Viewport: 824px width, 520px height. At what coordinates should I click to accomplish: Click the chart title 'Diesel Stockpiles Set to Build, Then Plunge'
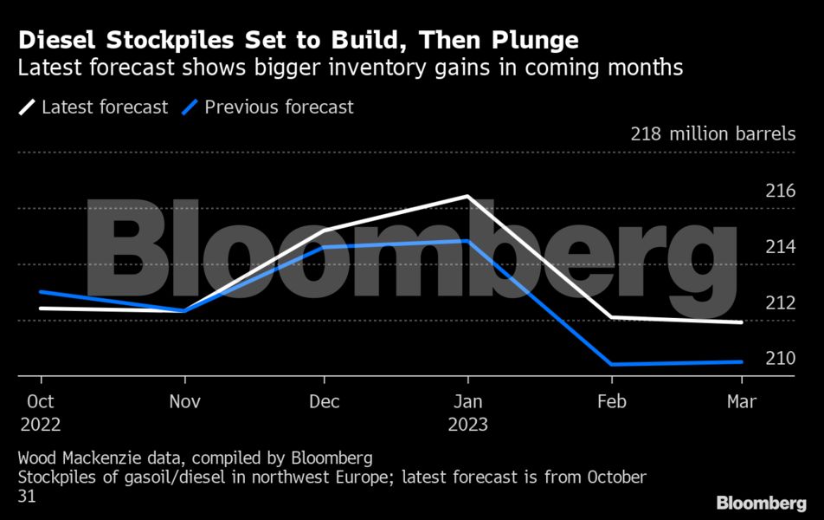click(299, 40)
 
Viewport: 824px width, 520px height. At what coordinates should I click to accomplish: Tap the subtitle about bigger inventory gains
click(351, 68)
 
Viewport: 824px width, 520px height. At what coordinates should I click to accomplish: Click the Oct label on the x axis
click(41, 402)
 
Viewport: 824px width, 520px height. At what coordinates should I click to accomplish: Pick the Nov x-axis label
click(184, 402)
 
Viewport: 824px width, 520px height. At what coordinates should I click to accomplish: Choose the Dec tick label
click(324, 402)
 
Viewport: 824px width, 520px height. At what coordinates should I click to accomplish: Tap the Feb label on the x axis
click(612, 402)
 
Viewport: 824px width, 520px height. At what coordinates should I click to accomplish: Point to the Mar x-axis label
click(742, 402)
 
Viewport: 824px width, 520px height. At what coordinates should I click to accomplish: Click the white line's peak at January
click(467, 197)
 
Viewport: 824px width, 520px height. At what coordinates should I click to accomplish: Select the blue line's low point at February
click(612, 364)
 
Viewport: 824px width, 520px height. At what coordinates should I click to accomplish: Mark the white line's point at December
click(324, 231)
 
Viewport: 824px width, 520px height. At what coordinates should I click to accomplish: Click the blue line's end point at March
click(742, 361)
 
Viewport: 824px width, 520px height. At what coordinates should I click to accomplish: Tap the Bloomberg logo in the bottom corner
click(761, 503)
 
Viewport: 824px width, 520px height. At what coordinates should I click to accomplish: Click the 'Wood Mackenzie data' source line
click(195, 457)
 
